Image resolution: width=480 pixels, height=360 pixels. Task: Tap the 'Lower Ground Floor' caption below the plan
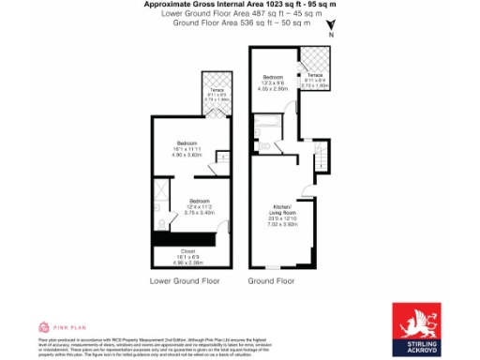(x=185, y=280)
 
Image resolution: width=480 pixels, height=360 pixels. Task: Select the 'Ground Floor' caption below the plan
(x=272, y=280)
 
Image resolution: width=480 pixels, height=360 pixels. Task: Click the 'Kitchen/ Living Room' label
(x=283, y=208)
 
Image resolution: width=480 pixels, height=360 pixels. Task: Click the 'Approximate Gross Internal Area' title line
(x=241, y=5)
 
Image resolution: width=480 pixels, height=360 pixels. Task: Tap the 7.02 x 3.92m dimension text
(x=283, y=225)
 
